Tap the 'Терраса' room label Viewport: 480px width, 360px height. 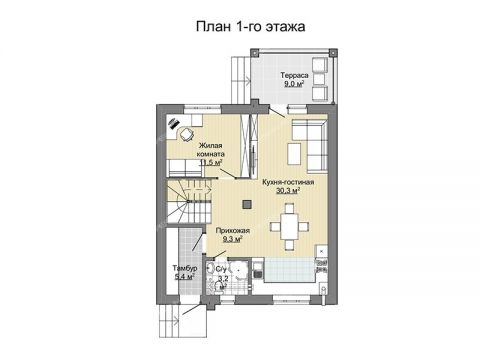pyautogui.click(x=293, y=76)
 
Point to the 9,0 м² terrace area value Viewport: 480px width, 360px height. pyautogui.click(x=293, y=85)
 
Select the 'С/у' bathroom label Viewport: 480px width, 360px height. pyautogui.click(x=222, y=269)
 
